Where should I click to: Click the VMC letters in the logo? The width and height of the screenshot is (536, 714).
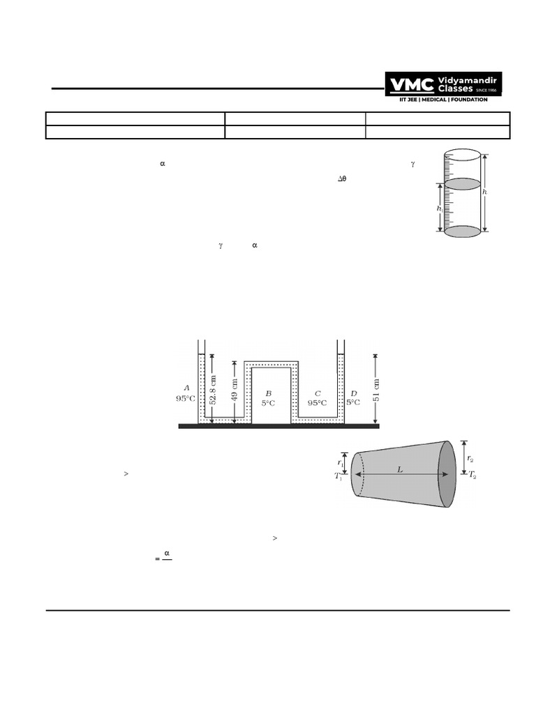412,85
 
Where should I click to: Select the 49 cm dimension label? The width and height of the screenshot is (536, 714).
234,392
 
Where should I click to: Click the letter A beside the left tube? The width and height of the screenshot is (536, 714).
186,388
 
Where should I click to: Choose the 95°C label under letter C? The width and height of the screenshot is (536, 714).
318,402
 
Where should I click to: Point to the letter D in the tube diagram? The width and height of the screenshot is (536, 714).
353,393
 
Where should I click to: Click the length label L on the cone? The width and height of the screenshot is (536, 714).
400,470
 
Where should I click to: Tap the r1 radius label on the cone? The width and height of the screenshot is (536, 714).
341,462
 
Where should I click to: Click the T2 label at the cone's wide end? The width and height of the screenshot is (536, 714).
472,475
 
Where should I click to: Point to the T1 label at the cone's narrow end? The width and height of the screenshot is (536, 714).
339,477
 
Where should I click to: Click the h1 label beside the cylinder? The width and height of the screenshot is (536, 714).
439,208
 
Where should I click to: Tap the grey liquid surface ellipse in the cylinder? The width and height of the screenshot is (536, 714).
463,184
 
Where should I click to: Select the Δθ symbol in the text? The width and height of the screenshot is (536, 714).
342,179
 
